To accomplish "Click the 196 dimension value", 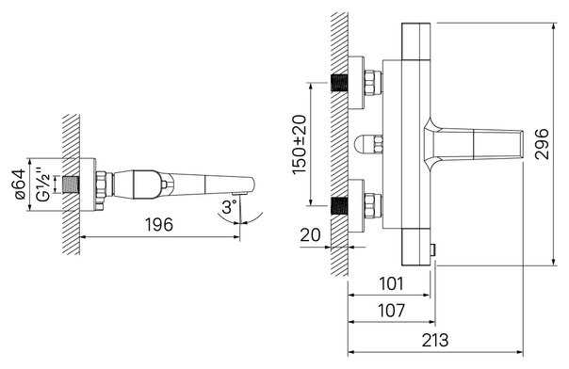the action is (x=159, y=225).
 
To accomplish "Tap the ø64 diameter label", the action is (x=19, y=184).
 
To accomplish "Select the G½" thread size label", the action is (x=43, y=184).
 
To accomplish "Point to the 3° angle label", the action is (x=230, y=207).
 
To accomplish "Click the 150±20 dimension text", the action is (x=300, y=144).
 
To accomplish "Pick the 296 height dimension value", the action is (x=542, y=144).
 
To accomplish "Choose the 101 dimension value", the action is (x=391, y=283).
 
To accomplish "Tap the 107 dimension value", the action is (x=391, y=311).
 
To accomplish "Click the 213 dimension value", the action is (x=435, y=340).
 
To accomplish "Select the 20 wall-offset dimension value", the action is (x=310, y=235).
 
